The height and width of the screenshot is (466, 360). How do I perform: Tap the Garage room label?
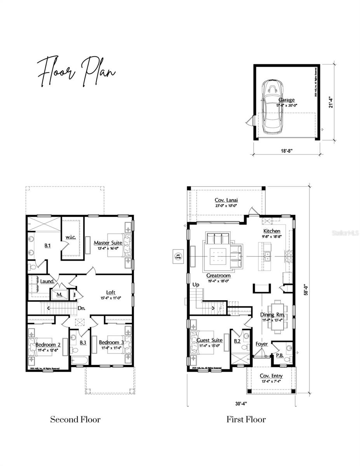[286, 100]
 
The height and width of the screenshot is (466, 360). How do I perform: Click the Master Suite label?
[108, 243]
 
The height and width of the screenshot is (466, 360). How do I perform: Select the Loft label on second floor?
[111, 292]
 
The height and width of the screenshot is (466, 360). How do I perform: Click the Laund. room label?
[46, 280]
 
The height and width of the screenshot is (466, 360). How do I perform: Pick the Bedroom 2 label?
[48, 344]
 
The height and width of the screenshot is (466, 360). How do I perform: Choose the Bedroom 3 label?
[111, 342]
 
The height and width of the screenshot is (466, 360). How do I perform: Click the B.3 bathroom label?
[83, 343]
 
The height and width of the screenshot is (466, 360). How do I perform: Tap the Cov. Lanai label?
[226, 200]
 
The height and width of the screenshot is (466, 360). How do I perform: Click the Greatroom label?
[218, 275]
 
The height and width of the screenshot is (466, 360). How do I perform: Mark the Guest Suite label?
[209, 340]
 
